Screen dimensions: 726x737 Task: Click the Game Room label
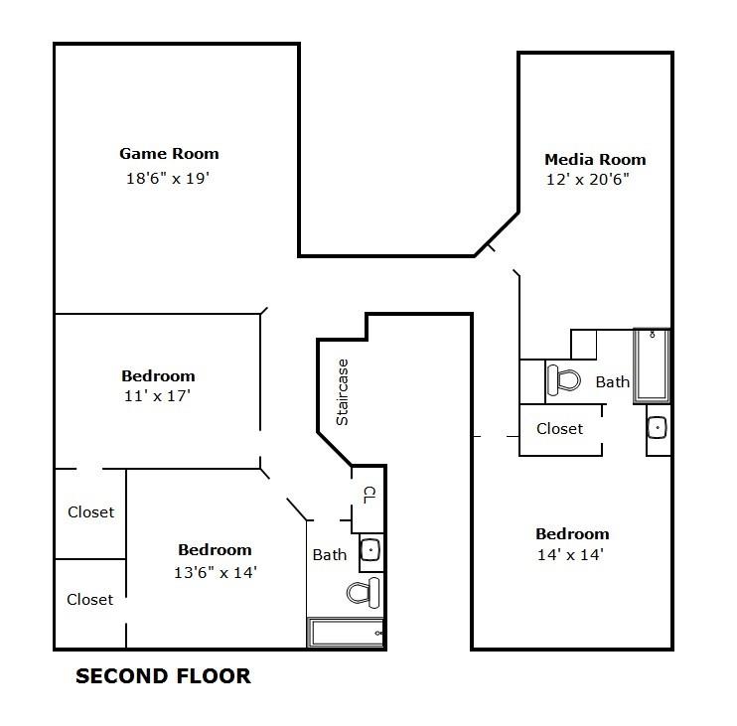pos(169,154)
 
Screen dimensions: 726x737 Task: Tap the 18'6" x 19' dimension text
pos(169,179)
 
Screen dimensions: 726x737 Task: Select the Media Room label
pos(595,159)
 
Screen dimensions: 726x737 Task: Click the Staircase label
pos(343,392)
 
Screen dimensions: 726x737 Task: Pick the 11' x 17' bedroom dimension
pos(158,395)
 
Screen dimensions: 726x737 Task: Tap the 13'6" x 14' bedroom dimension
pos(215,572)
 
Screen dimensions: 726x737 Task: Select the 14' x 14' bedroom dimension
pos(571,554)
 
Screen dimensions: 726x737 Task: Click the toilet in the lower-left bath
pos(363,593)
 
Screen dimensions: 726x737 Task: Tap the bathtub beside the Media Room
pos(653,364)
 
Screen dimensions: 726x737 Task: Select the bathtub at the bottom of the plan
pos(346,633)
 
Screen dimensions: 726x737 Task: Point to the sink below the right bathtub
pos(658,428)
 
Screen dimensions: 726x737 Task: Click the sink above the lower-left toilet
pos(370,549)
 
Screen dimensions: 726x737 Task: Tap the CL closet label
pos(368,494)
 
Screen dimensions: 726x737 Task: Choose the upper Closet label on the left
pos(90,512)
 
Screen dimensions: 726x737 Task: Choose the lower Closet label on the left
pos(90,599)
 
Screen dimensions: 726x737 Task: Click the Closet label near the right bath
pos(559,429)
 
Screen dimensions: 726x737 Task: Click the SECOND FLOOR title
pos(164,677)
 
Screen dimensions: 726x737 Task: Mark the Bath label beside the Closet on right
pos(613,381)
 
